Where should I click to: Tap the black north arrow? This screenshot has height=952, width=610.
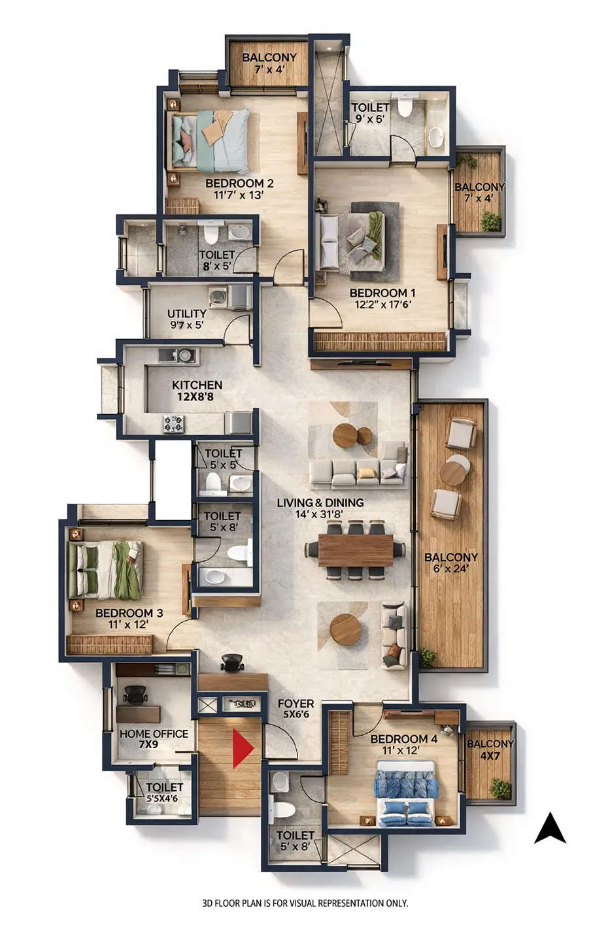tap(550, 829)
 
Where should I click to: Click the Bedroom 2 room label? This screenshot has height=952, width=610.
tap(239, 184)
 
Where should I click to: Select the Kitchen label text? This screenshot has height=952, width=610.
tap(197, 385)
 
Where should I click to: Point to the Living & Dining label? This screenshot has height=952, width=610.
tap(320, 502)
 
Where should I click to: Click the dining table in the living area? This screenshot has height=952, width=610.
tap(356, 550)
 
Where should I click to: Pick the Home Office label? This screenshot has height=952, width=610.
tap(154, 734)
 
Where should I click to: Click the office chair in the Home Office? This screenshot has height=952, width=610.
tap(135, 694)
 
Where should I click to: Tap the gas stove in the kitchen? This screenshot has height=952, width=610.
tap(174, 423)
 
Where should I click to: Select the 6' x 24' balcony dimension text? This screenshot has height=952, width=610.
tap(451, 569)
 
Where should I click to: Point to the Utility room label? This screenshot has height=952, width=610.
tap(186, 314)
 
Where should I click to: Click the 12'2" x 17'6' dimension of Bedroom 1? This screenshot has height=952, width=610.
tap(382, 304)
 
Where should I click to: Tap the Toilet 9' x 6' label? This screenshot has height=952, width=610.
tap(370, 112)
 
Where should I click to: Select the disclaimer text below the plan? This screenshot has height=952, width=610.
tap(305, 904)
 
